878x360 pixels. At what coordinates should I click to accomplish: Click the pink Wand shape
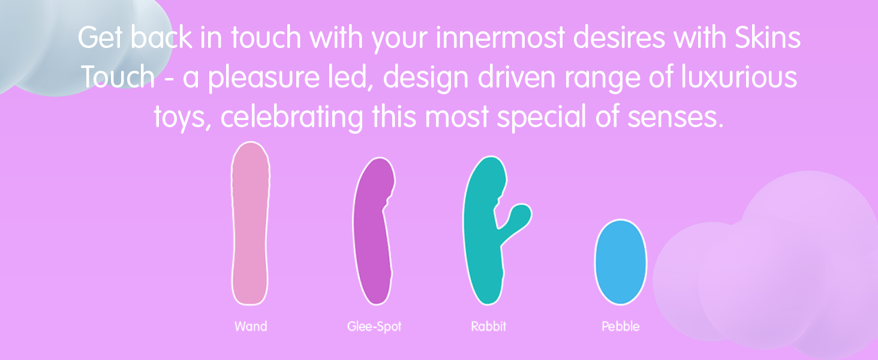(250, 224)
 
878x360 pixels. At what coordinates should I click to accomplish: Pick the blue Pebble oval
(621, 262)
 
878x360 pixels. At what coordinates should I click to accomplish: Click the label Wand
(251, 326)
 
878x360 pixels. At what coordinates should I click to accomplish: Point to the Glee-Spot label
(374, 326)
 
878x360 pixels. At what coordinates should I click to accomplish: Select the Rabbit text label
(488, 326)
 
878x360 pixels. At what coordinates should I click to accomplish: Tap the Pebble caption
(621, 326)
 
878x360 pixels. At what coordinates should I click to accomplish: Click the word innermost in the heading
(500, 38)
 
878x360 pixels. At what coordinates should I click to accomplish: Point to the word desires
(620, 38)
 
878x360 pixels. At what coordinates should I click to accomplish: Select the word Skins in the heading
(768, 38)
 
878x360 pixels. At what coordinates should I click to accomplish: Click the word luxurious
(739, 77)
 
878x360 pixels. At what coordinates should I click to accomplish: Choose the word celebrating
(292, 118)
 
